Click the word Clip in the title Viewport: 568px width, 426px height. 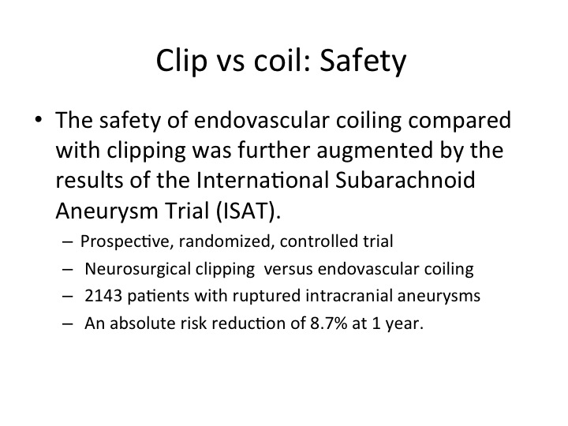tap(181, 62)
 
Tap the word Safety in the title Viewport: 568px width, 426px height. tap(363, 62)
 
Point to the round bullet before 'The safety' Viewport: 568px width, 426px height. tap(39, 119)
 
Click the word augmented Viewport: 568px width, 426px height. tap(375, 151)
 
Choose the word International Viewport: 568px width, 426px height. tap(262, 180)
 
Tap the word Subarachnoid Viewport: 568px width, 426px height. tap(405, 180)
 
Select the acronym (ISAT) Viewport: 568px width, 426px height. tap(248, 211)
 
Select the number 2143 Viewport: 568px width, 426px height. tap(103, 296)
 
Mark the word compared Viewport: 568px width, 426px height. tap(459, 121)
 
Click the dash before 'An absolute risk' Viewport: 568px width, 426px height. tap(67, 323)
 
